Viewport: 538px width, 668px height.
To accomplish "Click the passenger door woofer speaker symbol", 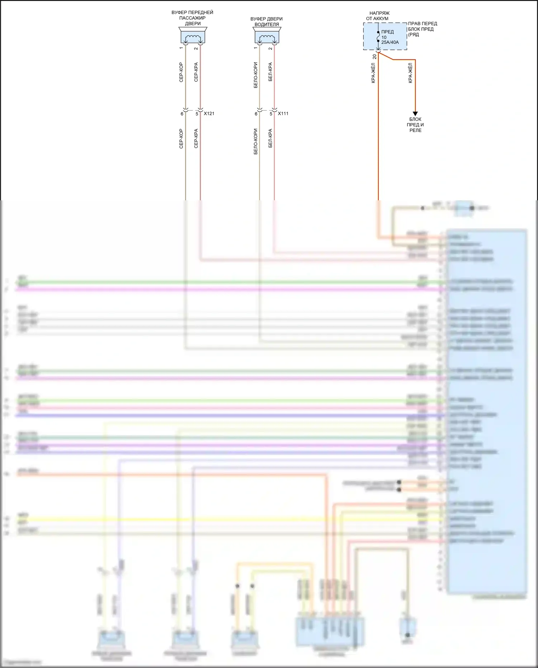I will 193,36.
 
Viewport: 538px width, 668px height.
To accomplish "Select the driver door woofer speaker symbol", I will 267,36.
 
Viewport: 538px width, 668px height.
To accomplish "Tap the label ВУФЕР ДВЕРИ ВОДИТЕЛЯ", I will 266,22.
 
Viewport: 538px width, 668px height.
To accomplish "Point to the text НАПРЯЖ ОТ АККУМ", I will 378,16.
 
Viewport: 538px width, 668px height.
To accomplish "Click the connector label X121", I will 209,113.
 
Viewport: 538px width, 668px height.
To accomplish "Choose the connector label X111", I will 283,113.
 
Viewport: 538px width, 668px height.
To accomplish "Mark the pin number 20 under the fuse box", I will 375,56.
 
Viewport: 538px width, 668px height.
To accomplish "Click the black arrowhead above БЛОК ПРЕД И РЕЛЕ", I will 415,114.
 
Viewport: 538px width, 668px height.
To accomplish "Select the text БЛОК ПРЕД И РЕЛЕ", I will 415,125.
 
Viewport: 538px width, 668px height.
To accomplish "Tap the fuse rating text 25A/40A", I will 390,42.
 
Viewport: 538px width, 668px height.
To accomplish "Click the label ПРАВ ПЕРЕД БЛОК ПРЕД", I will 422,27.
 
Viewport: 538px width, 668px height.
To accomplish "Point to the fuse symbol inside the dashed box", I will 378,37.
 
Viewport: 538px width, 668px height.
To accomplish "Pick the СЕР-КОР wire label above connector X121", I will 181,72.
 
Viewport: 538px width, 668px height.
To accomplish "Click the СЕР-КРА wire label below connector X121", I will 196,139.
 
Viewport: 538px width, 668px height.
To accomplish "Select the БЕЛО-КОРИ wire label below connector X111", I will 256,141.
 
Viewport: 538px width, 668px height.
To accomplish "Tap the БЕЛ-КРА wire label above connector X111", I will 270,72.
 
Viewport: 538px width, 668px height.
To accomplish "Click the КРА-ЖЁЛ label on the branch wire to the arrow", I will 410,73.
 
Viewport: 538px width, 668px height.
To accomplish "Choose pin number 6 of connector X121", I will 182,114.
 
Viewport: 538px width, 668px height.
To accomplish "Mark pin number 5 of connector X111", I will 271,114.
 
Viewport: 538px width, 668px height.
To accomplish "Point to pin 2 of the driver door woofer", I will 270,48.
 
